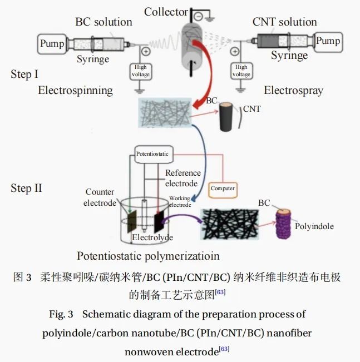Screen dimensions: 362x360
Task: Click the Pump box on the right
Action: [328, 41]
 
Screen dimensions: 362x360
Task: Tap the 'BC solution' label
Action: [103, 22]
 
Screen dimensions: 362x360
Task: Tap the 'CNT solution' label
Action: [284, 22]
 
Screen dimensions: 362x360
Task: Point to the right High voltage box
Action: [241, 71]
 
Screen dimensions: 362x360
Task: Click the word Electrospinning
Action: [75, 90]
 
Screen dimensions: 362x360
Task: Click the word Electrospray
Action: [293, 91]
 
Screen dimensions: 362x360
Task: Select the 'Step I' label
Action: [24, 74]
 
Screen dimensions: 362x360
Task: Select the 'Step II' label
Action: [26, 188]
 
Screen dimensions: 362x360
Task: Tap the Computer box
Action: [223, 189]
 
